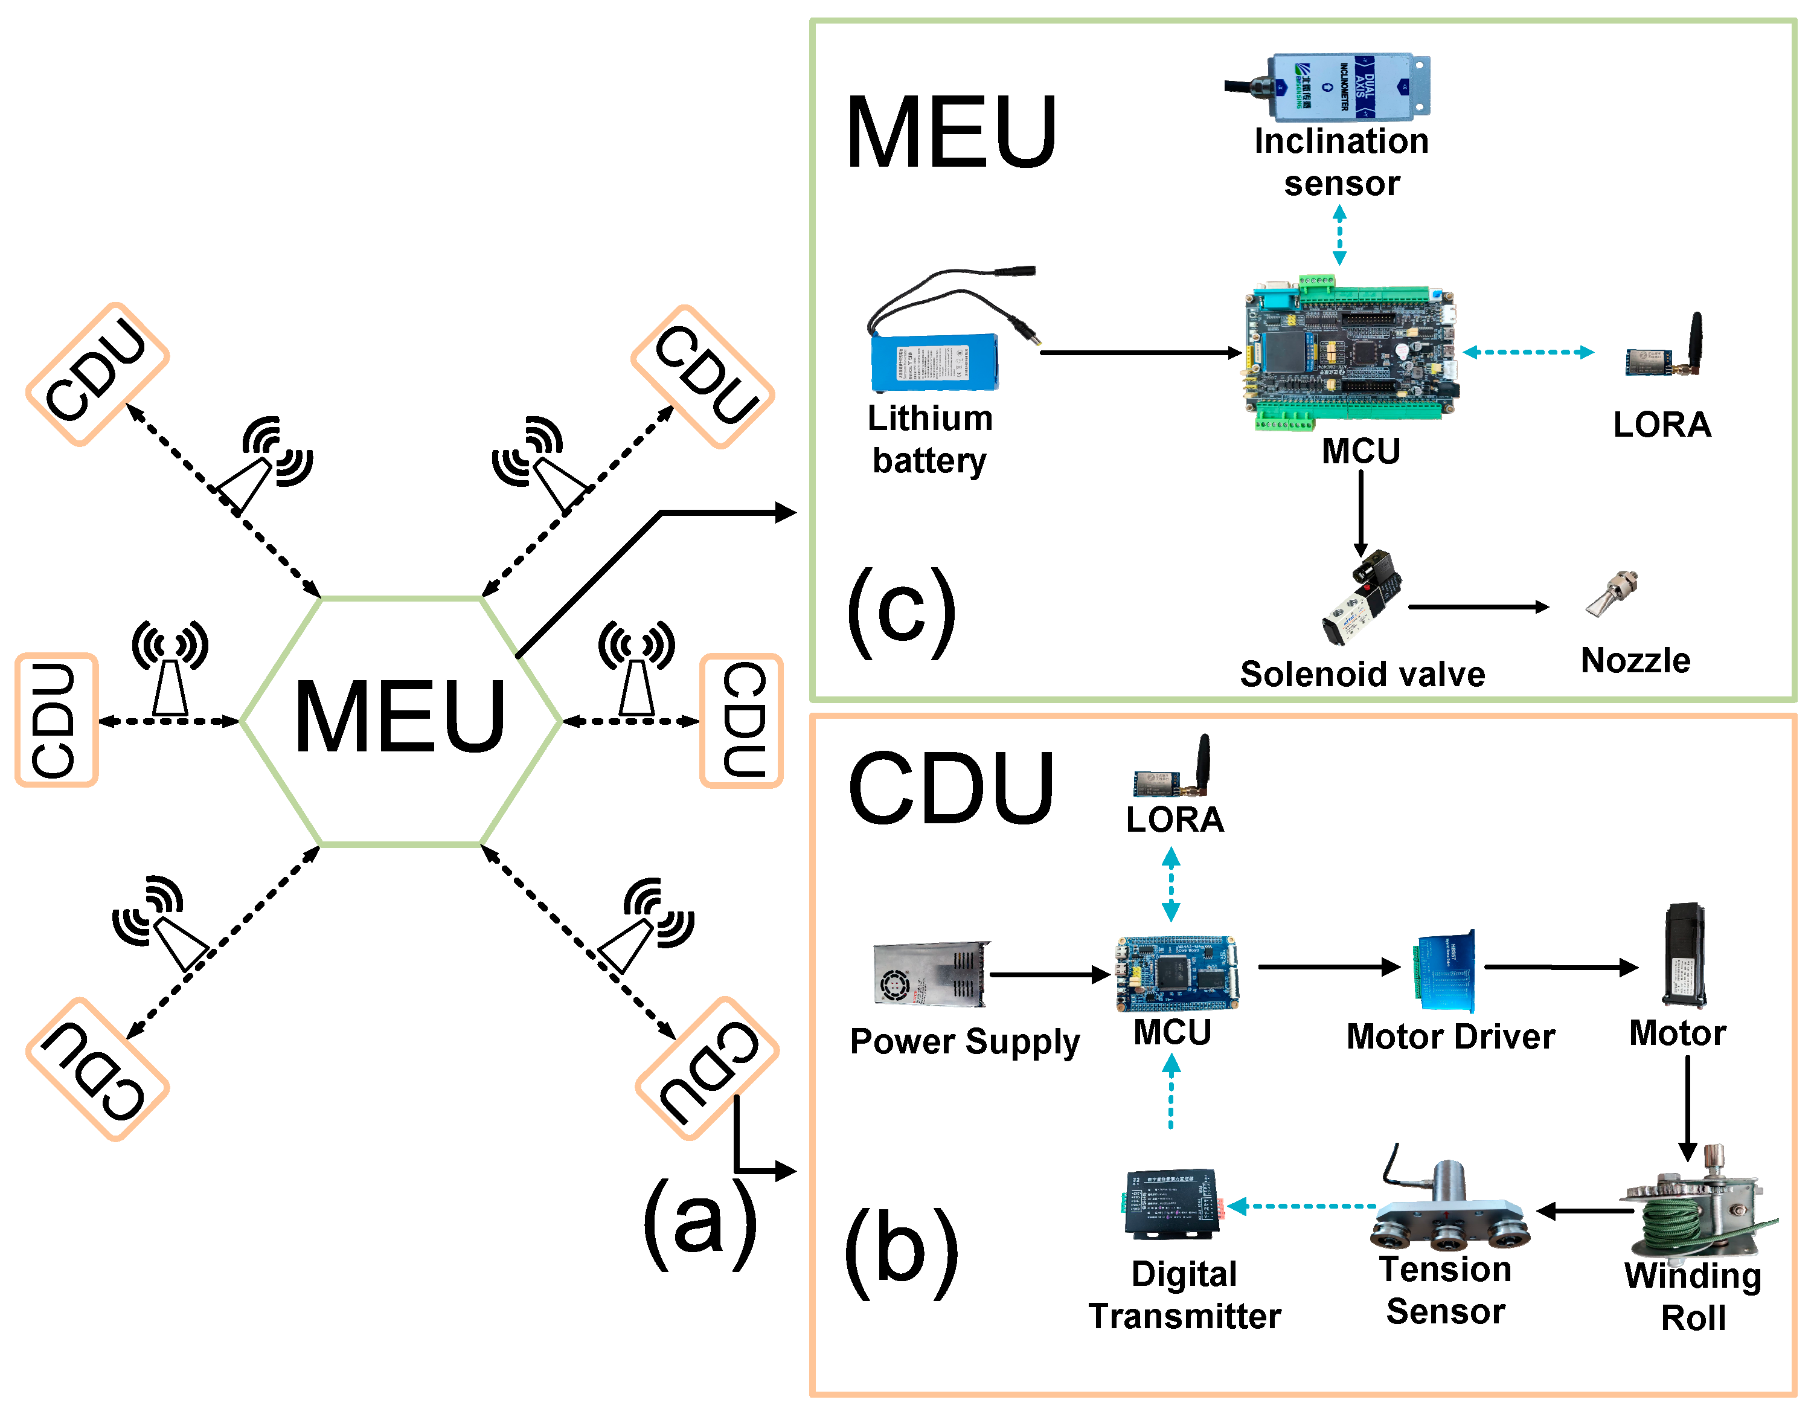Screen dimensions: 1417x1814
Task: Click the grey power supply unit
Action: [x=931, y=974]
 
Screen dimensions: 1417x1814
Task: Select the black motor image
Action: [x=1684, y=955]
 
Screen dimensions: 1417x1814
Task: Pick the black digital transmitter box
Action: [x=1171, y=1204]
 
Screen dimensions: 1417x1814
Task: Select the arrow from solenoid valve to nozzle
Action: [x=1478, y=607]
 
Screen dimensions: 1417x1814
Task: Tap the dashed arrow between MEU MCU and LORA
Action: [x=1528, y=352]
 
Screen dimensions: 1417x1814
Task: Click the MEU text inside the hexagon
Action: [x=400, y=716]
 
